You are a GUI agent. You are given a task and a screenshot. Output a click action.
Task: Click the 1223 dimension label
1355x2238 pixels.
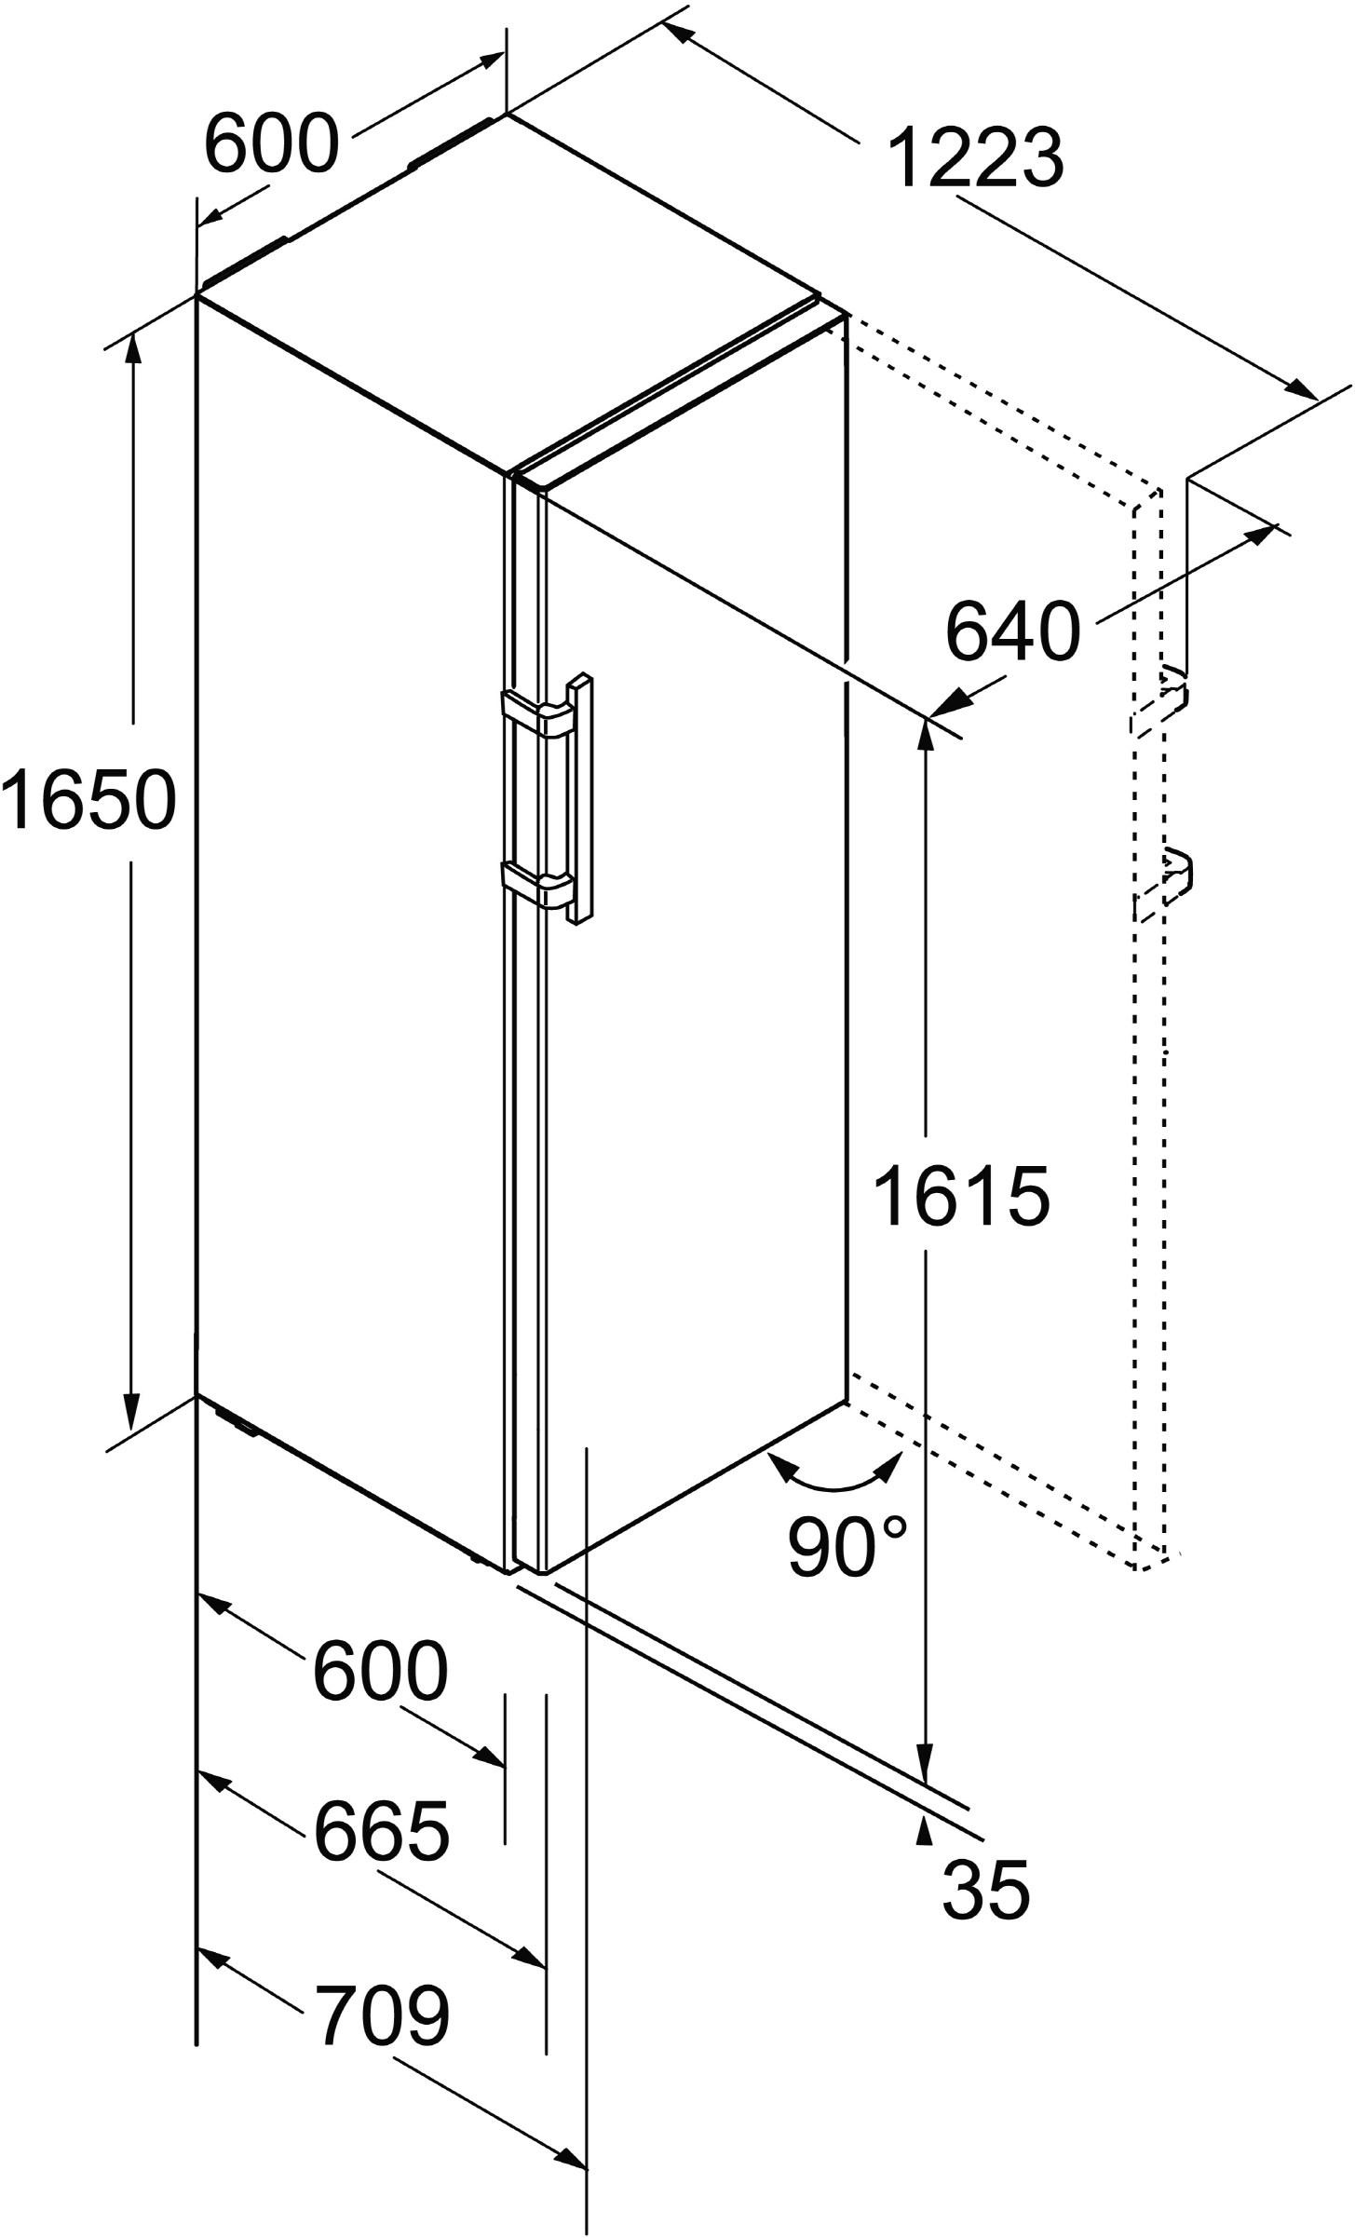(975, 156)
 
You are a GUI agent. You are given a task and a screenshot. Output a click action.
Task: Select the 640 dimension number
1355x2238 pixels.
(1013, 631)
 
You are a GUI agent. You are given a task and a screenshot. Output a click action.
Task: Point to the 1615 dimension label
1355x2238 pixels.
(963, 1197)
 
